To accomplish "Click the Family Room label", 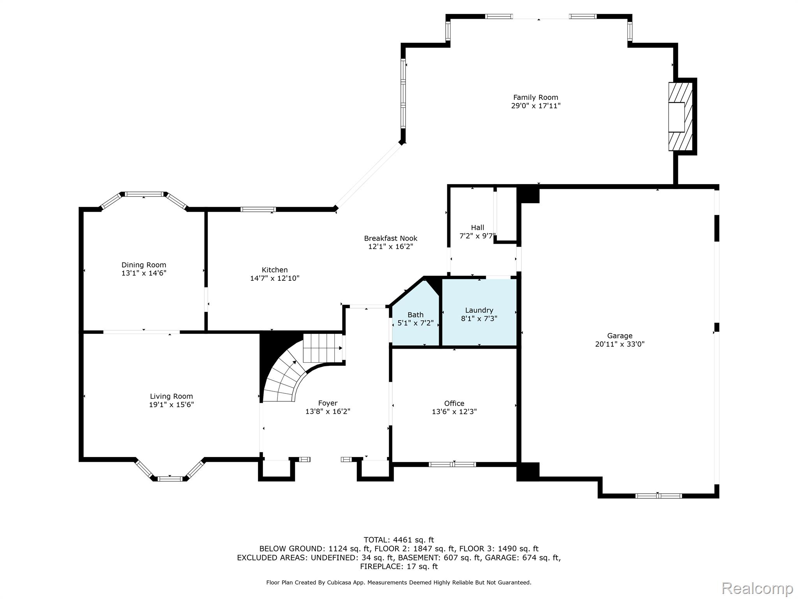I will pos(535,97).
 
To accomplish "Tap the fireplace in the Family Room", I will pos(680,117).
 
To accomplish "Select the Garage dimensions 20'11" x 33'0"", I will pos(620,344).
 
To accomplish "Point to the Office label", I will pos(454,403).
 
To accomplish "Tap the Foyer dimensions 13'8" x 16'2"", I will pos(328,411).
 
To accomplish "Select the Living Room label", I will pos(171,396).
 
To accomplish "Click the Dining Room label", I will pos(144,265).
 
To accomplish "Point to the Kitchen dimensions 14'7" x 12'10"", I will pos(275,278).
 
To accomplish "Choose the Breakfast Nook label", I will pos(390,238).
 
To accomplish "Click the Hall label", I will pos(477,227).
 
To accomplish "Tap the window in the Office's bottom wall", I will pos(452,464).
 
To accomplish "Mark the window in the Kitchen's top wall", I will pos(258,209).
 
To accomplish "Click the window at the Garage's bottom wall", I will pos(658,496).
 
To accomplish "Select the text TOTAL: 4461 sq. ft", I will pos(399,540).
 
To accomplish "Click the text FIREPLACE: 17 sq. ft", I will pos(399,566).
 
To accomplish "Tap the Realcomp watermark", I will pos(757,588).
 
